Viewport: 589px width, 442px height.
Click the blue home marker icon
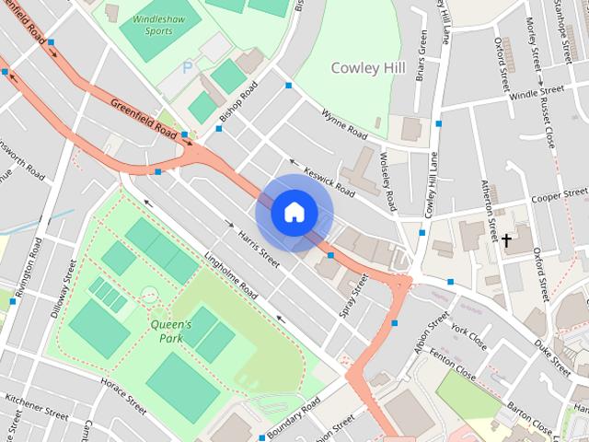[294, 213]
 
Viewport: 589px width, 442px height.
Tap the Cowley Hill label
[367, 67]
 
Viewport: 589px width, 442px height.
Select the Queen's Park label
[171, 331]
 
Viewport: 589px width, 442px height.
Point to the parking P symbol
[188, 67]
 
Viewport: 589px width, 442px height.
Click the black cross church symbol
[505, 240]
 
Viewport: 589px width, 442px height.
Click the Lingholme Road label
[231, 276]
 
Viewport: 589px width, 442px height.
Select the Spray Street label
[353, 296]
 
